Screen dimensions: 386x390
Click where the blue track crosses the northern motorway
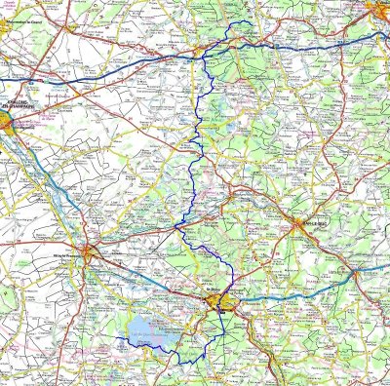click(x=204, y=58)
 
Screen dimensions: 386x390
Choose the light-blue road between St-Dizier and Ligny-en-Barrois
click(x=292, y=292)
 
